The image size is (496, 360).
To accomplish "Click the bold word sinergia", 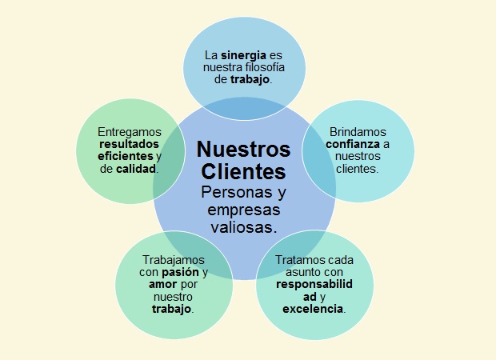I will coord(244,55).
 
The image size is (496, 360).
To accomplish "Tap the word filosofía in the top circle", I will coord(263,68).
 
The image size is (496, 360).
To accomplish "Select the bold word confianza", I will coord(351,144).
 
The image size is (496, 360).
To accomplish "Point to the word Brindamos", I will coord(358,131).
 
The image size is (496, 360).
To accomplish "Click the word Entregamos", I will coord(129,131).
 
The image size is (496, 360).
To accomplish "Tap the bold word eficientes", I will coord(122,157).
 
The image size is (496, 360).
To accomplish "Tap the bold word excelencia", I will coord(312,309).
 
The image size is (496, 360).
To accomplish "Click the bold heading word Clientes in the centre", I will coord(243,171).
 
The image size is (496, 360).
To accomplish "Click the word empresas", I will coord(243,210).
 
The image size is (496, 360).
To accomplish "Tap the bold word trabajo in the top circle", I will coord(250,81).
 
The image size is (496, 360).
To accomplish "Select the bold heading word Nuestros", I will coord(243,150).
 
